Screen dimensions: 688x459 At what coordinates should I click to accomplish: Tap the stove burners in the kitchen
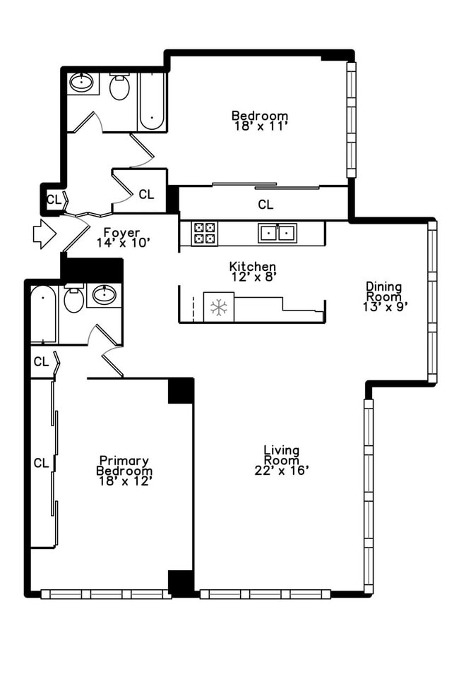[x=204, y=233]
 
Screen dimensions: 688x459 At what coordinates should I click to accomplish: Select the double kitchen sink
[x=276, y=232]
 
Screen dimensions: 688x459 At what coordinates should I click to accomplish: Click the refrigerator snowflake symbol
[x=218, y=307]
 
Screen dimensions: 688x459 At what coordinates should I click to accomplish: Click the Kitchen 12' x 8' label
[x=252, y=271]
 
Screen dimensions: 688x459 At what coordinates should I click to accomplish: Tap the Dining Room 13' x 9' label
[x=383, y=296]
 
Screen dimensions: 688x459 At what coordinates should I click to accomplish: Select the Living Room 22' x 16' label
[x=281, y=460]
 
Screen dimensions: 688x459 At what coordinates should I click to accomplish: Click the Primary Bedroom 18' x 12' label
[x=124, y=470]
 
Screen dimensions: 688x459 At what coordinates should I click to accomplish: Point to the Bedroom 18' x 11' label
[x=260, y=121]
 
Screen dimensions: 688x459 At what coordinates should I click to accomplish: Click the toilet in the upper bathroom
[x=119, y=87]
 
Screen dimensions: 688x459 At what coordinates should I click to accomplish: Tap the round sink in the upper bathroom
[x=83, y=83]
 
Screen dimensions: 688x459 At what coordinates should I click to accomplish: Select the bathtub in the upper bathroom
[x=151, y=102]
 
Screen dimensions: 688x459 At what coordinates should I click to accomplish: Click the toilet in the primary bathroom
[x=73, y=299]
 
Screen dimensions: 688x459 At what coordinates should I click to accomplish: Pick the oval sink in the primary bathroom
[x=105, y=295]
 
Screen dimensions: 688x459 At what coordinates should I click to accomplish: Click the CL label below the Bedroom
[x=265, y=205]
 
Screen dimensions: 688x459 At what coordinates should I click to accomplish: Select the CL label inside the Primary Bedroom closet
[x=42, y=463]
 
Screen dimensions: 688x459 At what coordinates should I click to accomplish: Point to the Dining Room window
[x=432, y=302]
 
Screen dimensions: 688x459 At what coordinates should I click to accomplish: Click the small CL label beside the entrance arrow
[x=54, y=199]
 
